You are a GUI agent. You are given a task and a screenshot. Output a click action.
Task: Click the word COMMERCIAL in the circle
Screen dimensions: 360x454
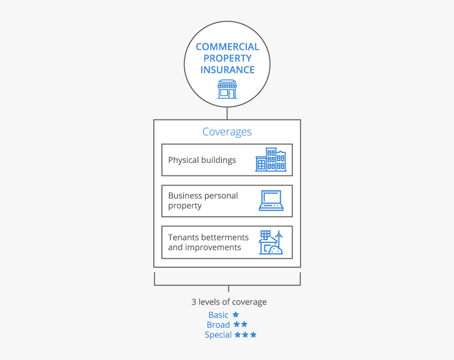(227, 47)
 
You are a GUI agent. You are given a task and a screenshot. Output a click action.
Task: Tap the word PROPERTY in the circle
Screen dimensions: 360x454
(227, 58)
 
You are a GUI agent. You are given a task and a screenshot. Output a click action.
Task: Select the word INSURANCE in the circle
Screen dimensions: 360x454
(227, 70)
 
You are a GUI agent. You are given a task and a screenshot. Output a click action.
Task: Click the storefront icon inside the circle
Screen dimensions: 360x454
(227, 89)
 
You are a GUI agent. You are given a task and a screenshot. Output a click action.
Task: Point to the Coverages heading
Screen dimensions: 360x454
(227, 132)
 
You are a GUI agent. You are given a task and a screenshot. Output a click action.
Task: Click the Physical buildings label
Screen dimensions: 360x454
(202, 160)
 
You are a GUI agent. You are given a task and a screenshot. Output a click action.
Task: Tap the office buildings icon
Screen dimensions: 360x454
(270, 160)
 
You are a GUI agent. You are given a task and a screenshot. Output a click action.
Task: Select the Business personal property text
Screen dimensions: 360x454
(203, 201)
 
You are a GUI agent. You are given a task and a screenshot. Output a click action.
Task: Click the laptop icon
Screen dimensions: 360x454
(271, 201)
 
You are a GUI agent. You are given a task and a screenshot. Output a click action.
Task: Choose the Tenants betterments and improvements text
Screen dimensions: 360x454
(208, 243)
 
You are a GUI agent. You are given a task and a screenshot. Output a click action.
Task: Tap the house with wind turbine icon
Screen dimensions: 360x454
(271, 243)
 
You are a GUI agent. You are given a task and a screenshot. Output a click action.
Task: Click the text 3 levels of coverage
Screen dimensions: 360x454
(229, 302)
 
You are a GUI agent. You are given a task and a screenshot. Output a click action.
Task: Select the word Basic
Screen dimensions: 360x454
(218, 315)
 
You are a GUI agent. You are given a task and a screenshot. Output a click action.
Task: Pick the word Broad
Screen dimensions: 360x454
(218, 325)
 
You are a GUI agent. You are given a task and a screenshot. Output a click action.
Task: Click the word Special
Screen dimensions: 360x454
(218, 335)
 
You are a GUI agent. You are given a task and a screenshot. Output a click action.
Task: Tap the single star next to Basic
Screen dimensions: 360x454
(236, 315)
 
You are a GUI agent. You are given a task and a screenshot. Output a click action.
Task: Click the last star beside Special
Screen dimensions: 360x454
(253, 335)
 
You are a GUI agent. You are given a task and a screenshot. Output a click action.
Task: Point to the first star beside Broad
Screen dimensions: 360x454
(236, 325)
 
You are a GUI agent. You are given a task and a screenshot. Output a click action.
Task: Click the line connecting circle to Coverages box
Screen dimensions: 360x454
(227, 113)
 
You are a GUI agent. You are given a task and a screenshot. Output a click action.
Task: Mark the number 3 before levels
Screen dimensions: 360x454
(194, 302)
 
